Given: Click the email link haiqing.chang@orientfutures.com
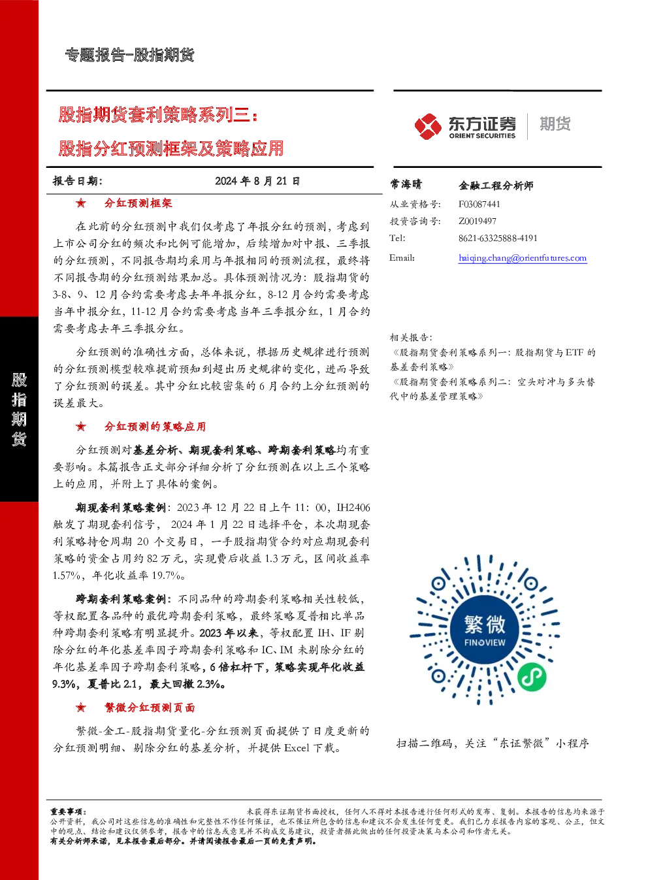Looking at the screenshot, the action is point(523,258).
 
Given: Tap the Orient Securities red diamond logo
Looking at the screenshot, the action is point(428,126).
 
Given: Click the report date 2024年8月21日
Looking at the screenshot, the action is point(257,181).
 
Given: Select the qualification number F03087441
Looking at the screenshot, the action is point(479,204).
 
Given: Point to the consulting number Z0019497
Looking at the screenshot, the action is point(477,221).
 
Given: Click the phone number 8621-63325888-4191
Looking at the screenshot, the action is point(498,238).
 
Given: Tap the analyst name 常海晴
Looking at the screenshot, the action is point(406,184).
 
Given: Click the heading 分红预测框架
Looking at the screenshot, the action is point(138,203).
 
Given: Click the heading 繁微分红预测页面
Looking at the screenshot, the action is point(150,708).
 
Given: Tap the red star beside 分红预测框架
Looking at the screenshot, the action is point(81,203).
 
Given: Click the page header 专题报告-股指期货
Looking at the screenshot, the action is point(129,55).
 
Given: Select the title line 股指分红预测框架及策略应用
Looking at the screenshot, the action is point(171,148).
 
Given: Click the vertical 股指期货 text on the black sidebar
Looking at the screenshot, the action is point(19,409).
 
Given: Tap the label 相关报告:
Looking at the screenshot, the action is point(411,338).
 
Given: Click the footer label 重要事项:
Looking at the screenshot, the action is point(69,811).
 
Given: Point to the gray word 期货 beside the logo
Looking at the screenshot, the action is point(555,123).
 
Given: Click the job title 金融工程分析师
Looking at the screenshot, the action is point(496,185).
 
